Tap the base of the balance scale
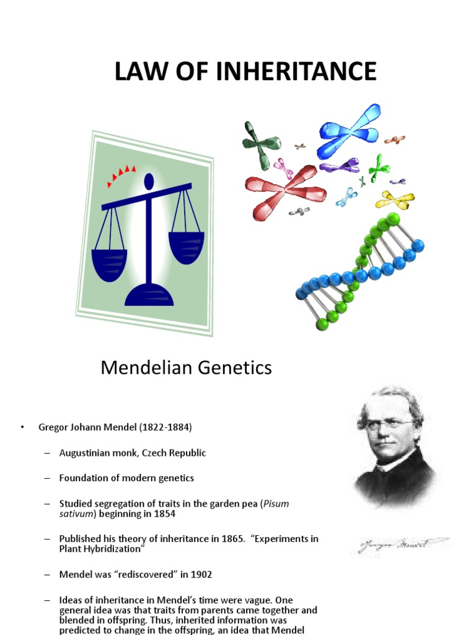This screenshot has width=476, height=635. [x=149, y=296]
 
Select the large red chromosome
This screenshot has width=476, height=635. [x=285, y=189]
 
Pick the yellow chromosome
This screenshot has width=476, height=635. [x=395, y=200]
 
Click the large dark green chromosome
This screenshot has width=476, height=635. [x=260, y=144]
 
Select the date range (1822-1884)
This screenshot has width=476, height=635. [x=165, y=428]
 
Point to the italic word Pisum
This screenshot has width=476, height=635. [x=276, y=504]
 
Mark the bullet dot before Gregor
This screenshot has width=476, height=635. [x=22, y=428]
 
